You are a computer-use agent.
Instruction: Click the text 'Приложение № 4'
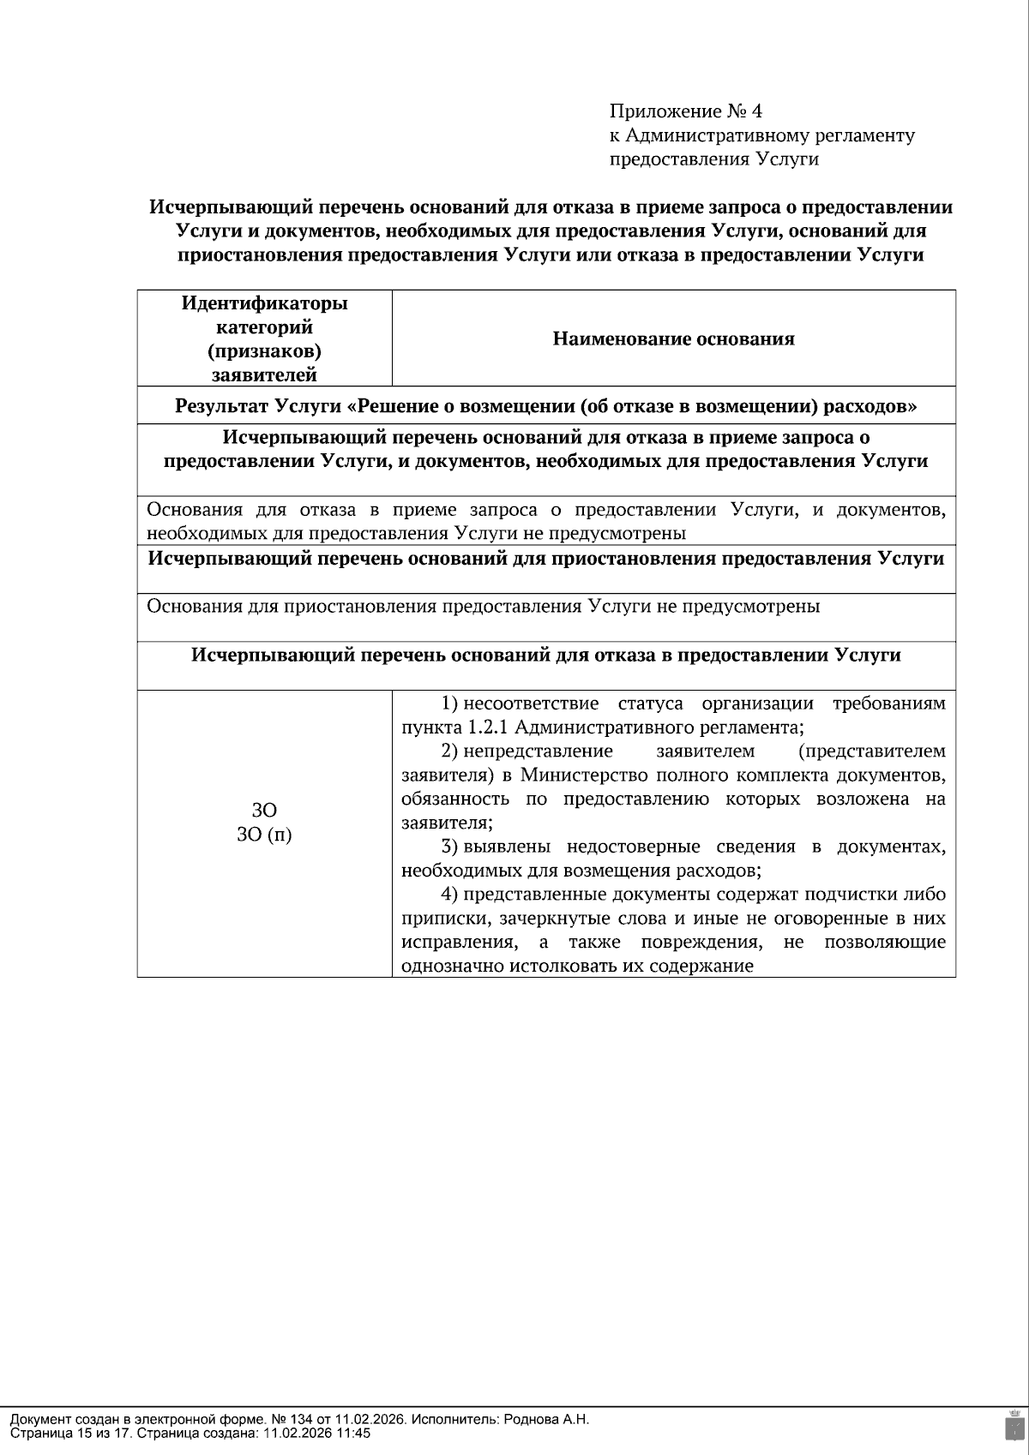coord(685,111)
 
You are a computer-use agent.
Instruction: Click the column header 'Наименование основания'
coord(673,338)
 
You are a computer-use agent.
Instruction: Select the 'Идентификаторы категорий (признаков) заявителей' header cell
coord(264,338)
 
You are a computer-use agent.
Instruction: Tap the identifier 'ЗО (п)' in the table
coord(264,835)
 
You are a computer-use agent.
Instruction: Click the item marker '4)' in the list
coord(449,895)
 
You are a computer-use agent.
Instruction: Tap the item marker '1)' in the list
coord(449,704)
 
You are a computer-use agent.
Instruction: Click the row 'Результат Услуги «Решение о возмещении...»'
coord(546,405)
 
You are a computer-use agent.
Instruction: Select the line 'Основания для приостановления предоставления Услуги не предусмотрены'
coord(483,607)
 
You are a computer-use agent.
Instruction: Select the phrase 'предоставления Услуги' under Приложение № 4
coord(713,159)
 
